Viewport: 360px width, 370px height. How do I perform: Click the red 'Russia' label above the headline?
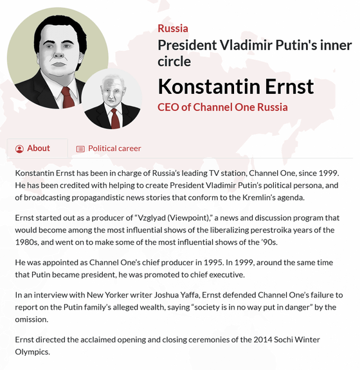point(173,28)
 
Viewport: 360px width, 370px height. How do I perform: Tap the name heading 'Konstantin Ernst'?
point(236,87)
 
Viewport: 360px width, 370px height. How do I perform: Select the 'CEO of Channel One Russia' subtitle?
point(222,107)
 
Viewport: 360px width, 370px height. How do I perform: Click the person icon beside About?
point(19,148)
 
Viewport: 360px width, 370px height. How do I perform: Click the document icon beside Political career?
point(80,149)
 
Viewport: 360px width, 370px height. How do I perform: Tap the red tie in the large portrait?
point(68,97)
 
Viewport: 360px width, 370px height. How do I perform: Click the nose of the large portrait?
point(59,53)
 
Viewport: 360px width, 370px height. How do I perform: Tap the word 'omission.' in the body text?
point(32,319)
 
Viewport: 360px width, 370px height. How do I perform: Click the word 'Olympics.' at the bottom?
point(33,352)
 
